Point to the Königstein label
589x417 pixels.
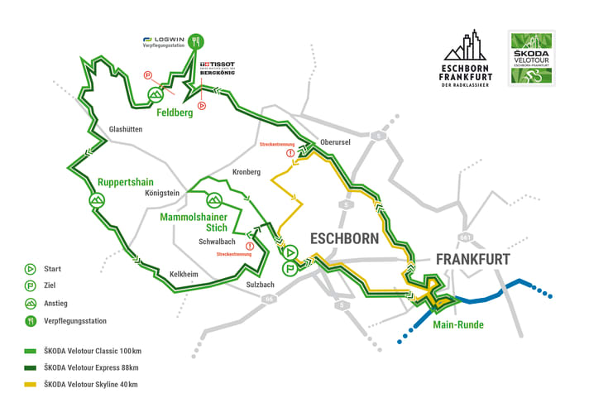162,193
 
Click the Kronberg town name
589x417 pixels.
247,171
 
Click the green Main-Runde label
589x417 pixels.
458,324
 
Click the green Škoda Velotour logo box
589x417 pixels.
531,59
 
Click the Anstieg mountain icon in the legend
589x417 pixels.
30,303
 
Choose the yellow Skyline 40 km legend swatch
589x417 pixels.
30,384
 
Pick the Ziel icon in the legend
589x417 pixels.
30,285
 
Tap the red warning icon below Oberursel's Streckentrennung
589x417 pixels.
290,154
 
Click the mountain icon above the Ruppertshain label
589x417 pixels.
96,199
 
